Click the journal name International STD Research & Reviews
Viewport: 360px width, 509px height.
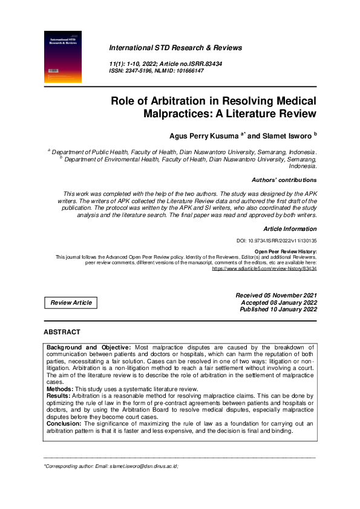(175, 47)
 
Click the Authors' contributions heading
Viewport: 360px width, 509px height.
(284, 180)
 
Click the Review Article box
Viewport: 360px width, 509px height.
(71, 302)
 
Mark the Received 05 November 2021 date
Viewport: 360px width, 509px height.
(276, 295)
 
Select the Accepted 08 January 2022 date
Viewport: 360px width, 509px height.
(278, 302)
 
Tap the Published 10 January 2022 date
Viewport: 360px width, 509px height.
(278, 310)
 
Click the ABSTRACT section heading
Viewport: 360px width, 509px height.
(62, 332)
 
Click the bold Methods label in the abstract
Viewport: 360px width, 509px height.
(61, 389)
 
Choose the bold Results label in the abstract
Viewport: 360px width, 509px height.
(59, 396)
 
